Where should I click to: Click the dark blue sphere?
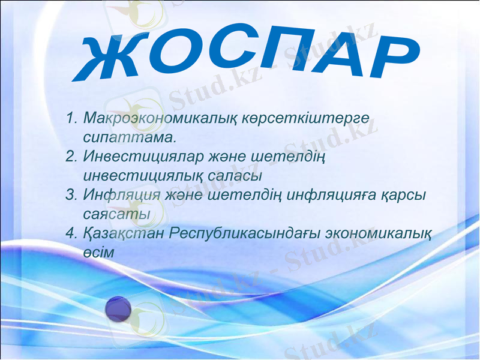tap(118, 309)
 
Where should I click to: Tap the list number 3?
tap(71, 195)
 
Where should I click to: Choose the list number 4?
tap(72, 233)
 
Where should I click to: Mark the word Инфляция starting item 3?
tap(122, 195)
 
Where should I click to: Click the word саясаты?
tap(117, 214)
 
